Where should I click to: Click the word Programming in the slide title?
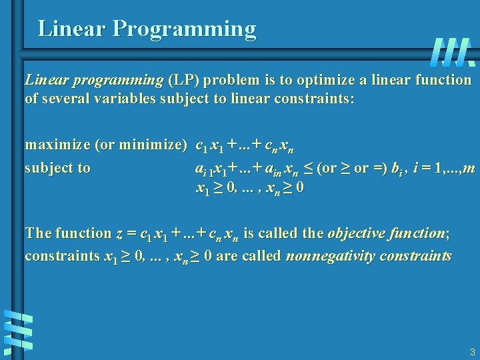click(185, 29)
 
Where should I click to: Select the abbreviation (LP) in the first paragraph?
click(183, 80)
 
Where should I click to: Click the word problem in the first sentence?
click(234, 80)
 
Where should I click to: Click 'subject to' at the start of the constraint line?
click(57, 168)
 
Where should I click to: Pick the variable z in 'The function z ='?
click(119, 233)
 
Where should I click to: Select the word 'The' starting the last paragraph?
click(38, 233)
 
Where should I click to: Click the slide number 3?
click(471, 351)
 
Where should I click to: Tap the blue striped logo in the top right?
click(453, 51)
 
